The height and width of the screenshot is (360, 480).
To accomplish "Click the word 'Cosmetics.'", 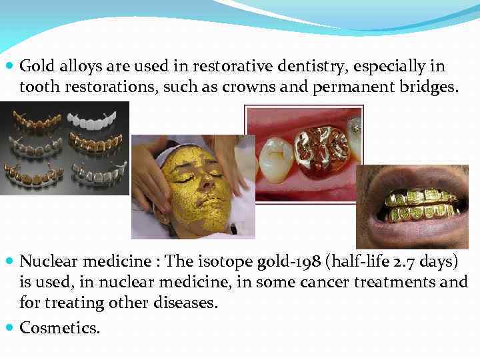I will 60,327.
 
